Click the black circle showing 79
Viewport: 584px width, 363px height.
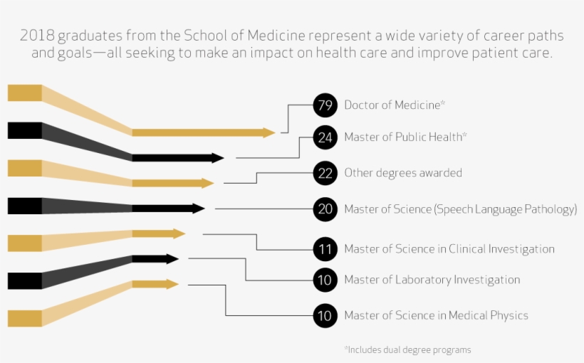click(325, 105)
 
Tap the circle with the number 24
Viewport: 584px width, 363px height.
click(325, 137)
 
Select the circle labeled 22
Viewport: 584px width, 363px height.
click(325, 173)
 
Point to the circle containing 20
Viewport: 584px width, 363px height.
click(325, 209)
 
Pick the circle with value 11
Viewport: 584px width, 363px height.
click(325, 249)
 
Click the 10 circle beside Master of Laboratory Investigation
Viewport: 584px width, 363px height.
click(325, 280)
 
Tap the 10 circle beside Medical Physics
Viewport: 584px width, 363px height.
click(325, 315)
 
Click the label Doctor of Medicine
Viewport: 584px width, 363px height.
click(392, 105)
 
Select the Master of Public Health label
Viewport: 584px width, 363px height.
click(403, 137)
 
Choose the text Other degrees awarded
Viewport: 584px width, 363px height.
click(403, 173)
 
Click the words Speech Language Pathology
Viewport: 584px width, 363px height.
click(506, 209)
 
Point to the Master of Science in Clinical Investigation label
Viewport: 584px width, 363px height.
click(449, 249)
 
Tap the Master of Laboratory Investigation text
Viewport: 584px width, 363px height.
click(432, 280)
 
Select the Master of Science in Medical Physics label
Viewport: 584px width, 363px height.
click(436, 315)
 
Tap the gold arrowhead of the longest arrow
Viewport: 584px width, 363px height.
click(268, 132)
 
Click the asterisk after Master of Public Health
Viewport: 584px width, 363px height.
click(465, 135)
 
